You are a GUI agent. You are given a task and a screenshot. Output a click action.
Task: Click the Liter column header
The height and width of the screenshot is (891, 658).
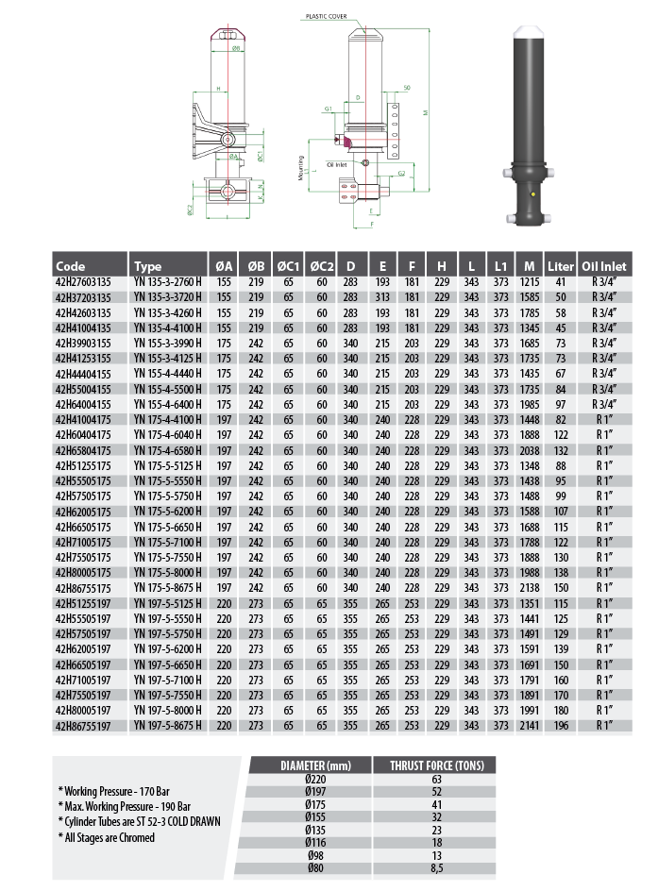point(561,266)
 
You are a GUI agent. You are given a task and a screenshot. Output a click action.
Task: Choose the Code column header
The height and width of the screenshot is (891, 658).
point(71,266)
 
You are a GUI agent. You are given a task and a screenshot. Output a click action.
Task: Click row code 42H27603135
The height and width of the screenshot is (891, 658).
point(84,281)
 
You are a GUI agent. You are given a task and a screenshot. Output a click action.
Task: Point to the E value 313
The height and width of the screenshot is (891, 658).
point(383,296)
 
